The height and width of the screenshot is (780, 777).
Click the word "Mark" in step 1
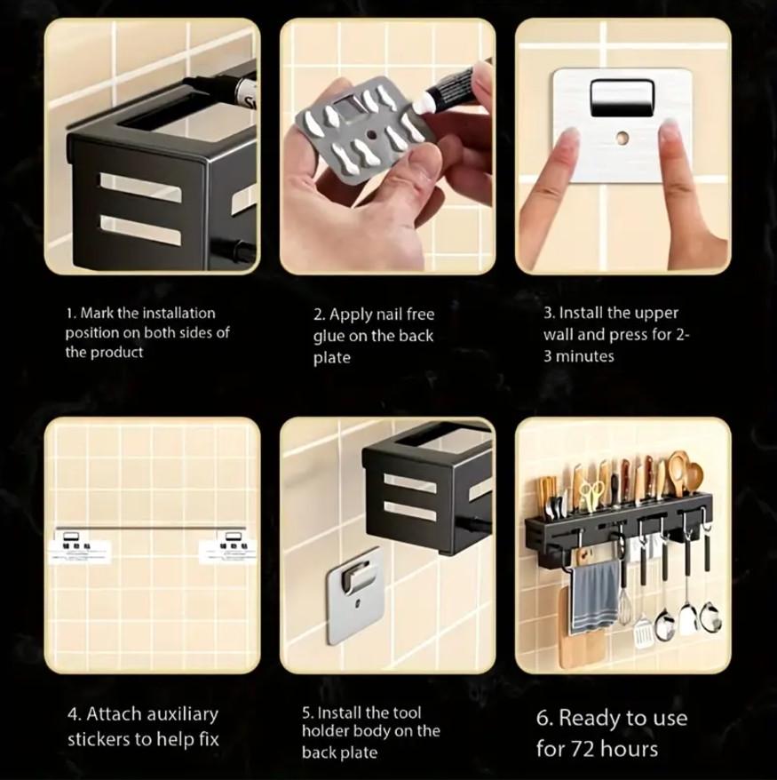coord(98,314)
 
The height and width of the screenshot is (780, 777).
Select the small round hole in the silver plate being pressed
coord(622,138)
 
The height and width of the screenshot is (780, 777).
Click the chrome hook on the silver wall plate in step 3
coord(622,98)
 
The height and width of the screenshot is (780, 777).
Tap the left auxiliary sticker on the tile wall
coord(80,548)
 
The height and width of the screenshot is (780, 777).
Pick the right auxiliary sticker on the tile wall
coord(227,548)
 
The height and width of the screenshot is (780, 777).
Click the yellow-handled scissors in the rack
coord(590,495)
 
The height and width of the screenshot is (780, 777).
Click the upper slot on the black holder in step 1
coord(140,187)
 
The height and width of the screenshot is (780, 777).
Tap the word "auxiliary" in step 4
coord(177,714)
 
